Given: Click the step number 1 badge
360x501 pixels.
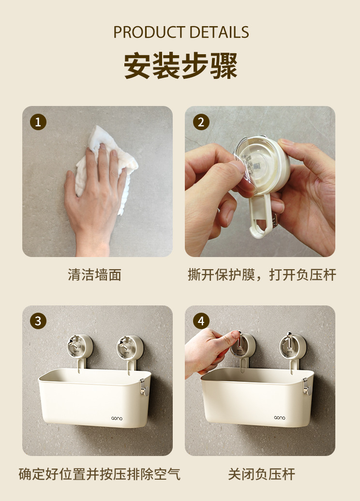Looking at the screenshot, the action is tap(38, 122).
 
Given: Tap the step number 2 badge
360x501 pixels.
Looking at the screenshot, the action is tap(201, 122).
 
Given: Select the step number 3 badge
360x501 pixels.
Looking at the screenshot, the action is tap(38, 321).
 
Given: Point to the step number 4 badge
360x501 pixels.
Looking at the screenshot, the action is tap(201, 321).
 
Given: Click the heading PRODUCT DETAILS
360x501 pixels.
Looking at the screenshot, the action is tap(181, 32).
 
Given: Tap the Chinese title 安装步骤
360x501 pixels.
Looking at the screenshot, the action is tap(180, 65).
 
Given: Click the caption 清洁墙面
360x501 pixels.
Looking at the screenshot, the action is tap(94, 275).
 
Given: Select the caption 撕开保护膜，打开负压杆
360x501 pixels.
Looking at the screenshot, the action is tap(262, 275).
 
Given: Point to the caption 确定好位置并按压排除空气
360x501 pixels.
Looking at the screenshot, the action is tap(99, 474).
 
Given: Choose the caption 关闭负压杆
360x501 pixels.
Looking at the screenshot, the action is tap(262, 474).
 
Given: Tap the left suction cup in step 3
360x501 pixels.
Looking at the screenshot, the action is tap(80, 348).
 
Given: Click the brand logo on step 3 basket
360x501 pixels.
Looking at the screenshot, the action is tap(117, 418).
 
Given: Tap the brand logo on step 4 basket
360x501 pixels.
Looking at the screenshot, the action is tap(280, 418).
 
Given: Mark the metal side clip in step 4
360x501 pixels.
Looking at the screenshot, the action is tap(307, 386).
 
